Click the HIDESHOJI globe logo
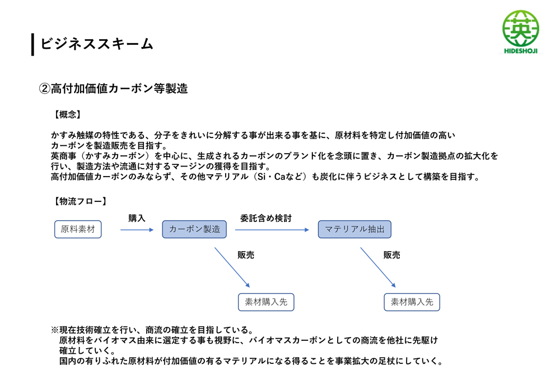pyautogui.click(x=521, y=32)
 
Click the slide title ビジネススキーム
pyautogui.click(x=97, y=44)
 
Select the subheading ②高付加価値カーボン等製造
pyautogui.click(x=113, y=89)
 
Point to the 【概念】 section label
pyautogui.click(x=67, y=114)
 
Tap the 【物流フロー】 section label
pyautogui.click(x=80, y=201)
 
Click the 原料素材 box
pyautogui.click(x=78, y=229)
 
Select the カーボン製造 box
pyautogui.click(x=194, y=229)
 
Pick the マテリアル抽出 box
pyautogui.click(x=354, y=229)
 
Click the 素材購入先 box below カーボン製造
pyautogui.click(x=266, y=302)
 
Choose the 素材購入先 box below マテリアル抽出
pyautogui.click(x=412, y=302)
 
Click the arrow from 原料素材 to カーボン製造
pyautogui.click(x=137, y=230)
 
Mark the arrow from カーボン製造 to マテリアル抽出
pyautogui.click(x=272, y=230)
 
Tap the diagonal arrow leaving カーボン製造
pyautogui.click(x=232, y=267)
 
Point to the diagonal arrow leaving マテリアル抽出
pyautogui.click(x=378, y=267)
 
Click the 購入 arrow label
pyautogui.click(x=137, y=218)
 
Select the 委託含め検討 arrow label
pyautogui.click(x=266, y=218)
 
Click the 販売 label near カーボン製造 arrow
pyautogui.click(x=246, y=255)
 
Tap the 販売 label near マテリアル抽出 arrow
pyautogui.click(x=392, y=255)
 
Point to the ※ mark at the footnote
pyautogui.click(x=55, y=330)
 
